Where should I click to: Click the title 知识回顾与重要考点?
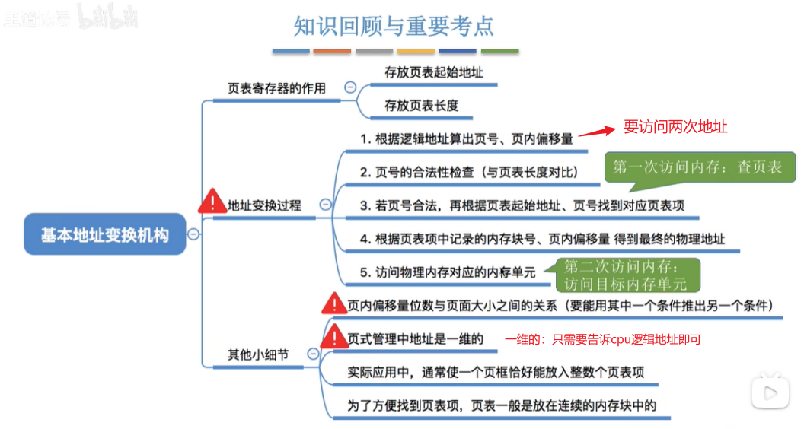click(x=394, y=26)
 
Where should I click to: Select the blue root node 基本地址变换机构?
click(x=104, y=235)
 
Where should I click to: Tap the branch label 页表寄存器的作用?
click(x=276, y=88)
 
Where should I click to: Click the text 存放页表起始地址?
click(x=433, y=72)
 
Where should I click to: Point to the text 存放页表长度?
click(x=421, y=106)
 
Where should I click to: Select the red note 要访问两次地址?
click(x=675, y=127)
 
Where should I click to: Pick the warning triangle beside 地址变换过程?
click(x=212, y=202)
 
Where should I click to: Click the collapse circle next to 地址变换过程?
click(x=326, y=204)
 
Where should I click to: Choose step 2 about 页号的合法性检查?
click(x=469, y=173)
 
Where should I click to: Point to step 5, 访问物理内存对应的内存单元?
click(x=448, y=272)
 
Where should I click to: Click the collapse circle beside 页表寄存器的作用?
click(x=350, y=87)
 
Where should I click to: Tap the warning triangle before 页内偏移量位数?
click(x=333, y=305)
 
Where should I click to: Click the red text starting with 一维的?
click(x=602, y=340)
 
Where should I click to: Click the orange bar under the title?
click(x=332, y=52)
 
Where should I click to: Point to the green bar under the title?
click(x=499, y=52)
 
